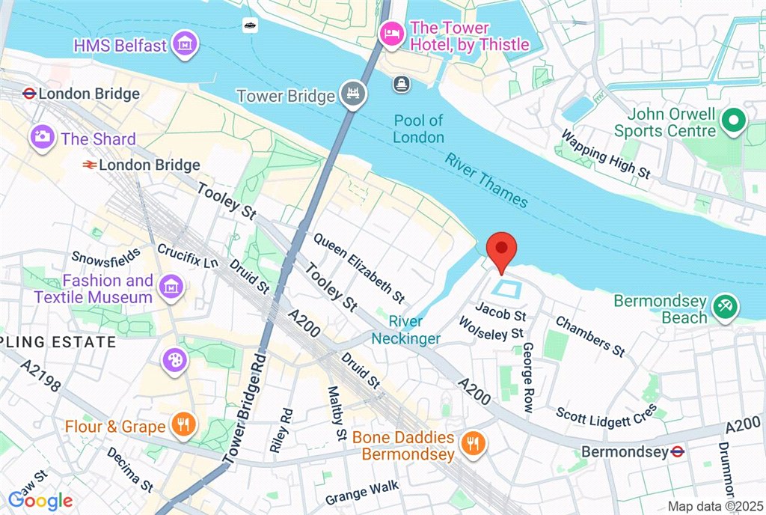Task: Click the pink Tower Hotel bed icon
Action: pos(390,34)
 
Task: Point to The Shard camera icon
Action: pos(43,137)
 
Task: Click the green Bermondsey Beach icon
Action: pos(725,306)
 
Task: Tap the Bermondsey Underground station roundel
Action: pos(677,452)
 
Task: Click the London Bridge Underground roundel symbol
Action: pos(29,94)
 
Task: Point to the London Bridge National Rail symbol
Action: pos(89,165)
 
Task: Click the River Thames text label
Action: pos(487,180)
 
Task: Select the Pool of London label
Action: pos(419,129)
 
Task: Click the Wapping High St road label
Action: pos(605,155)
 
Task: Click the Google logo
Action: pos(41,500)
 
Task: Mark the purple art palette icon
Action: pos(174,360)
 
